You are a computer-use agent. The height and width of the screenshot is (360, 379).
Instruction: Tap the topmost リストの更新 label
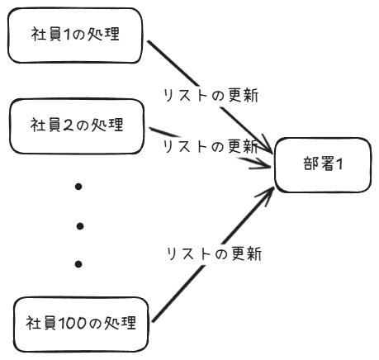211,97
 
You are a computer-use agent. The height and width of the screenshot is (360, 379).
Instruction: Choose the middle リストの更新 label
211,147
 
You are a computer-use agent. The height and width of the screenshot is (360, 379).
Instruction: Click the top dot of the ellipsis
78,187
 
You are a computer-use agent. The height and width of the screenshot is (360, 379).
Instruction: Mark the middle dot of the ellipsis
78,225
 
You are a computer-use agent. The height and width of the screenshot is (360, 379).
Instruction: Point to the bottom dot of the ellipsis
78,264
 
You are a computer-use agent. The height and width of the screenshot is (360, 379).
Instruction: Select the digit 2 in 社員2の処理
70,126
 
